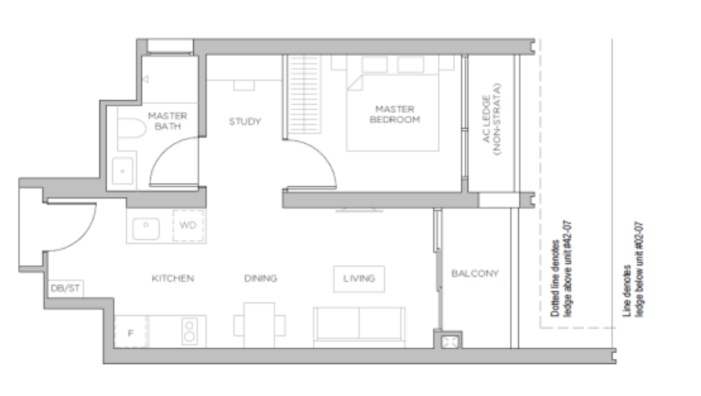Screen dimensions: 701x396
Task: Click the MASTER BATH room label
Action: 168,121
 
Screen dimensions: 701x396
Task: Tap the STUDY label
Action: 245,121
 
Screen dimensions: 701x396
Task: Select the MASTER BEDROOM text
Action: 395,114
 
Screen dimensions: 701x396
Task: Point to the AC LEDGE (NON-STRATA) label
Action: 492,119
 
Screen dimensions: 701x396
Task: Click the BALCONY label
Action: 475,273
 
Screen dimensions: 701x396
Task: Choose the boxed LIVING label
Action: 359,279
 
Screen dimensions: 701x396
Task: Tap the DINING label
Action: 261,278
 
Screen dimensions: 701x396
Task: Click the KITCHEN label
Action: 173,278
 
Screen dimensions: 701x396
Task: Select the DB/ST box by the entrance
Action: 65,288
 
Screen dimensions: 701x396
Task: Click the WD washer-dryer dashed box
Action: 188,225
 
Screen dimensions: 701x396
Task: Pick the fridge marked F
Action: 131,332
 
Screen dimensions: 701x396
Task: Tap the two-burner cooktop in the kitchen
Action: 190,332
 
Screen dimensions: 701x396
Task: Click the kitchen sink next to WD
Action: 146,229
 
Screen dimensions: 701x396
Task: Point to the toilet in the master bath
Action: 132,128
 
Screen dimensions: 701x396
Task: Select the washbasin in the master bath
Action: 123,171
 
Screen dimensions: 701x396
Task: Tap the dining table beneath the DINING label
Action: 259,325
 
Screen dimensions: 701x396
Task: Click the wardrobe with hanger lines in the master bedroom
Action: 303,95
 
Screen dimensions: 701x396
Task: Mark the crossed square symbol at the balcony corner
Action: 450,342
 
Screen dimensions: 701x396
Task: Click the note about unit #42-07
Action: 561,269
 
